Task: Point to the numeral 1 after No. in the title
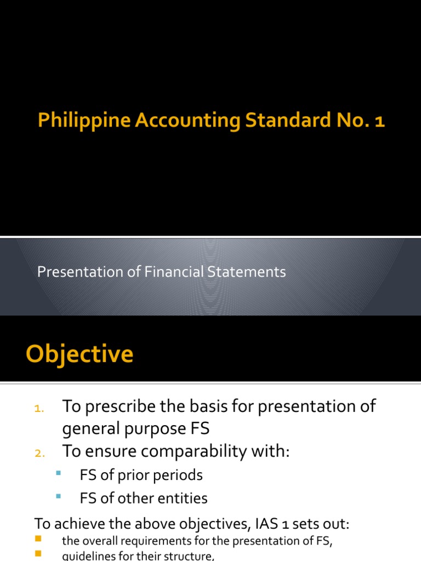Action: point(380,121)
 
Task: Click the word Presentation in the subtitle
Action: point(72,272)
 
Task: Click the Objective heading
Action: point(79,354)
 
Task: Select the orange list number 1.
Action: point(38,408)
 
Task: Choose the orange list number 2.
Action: point(38,453)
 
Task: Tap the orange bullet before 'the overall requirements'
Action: point(38,540)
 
